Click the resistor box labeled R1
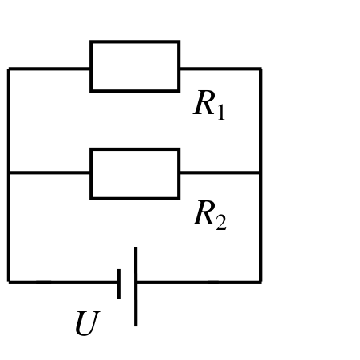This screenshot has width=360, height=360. click(x=135, y=41)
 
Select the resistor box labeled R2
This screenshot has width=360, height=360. click(x=135, y=148)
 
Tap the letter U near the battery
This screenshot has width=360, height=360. click(x=87, y=323)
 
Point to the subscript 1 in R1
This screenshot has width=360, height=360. click(x=221, y=113)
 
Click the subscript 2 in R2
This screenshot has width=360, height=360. click(x=221, y=222)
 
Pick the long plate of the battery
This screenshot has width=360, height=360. click(x=136, y=287)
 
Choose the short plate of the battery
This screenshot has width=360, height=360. click(x=119, y=284)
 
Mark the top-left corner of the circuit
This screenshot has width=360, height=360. click(x=9, y=69)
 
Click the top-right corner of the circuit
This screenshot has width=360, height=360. click(x=260, y=69)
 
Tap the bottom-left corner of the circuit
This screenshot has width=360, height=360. click(x=9, y=282)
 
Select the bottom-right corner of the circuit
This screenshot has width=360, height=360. click(x=260, y=282)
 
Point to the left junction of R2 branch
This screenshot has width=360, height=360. click(x=9, y=173)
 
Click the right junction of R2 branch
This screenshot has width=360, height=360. click(x=260, y=173)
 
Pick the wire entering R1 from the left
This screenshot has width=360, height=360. click(x=49, y=69)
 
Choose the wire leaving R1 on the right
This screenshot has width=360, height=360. click(x=220, y=69)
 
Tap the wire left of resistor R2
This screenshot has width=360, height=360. click(x=49, y=173)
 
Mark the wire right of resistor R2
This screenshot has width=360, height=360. click(x=220, y=173)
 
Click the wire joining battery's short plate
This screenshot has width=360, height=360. click(x=63, y=282)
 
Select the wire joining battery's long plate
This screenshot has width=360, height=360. click(x=199, y=282)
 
